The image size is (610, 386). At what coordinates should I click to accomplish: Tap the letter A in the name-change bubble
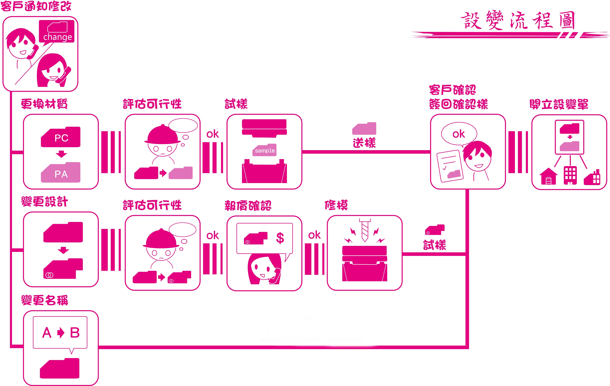[x=47, y=333]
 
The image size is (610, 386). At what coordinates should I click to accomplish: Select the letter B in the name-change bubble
[x=75, y=333]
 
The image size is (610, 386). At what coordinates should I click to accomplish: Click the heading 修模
[x=336, y=205]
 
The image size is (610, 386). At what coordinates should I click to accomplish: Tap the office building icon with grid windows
[x=570, y=175]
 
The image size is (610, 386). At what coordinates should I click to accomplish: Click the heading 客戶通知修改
[x=36, y=6]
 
